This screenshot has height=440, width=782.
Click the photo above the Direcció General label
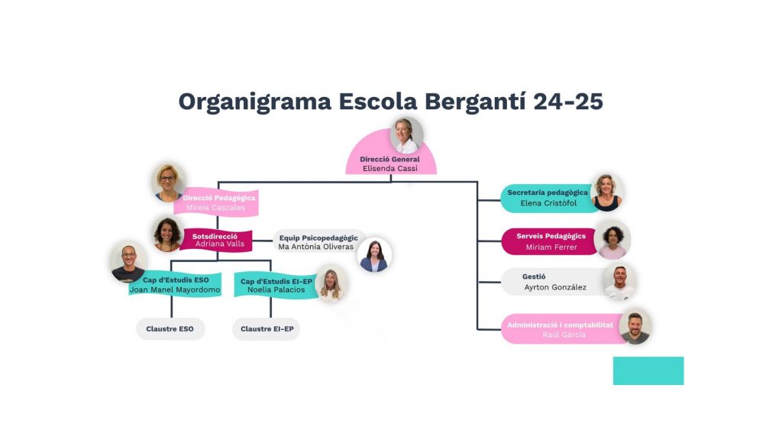coord(406,135)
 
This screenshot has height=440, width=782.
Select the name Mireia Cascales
coord(217,207)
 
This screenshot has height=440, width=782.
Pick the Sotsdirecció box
coord(216,240)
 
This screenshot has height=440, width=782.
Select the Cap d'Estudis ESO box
coord(175,284)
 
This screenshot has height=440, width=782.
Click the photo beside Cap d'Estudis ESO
coord(128,262)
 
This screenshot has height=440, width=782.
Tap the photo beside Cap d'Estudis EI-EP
coord(331,283)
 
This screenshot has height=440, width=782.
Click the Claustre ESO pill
coord(170,329)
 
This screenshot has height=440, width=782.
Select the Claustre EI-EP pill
coord(267,329)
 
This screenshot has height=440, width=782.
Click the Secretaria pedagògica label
coord(548,192)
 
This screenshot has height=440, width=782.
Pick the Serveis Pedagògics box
coord(550,241)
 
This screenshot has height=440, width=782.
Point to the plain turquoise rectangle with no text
coord(648,370)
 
